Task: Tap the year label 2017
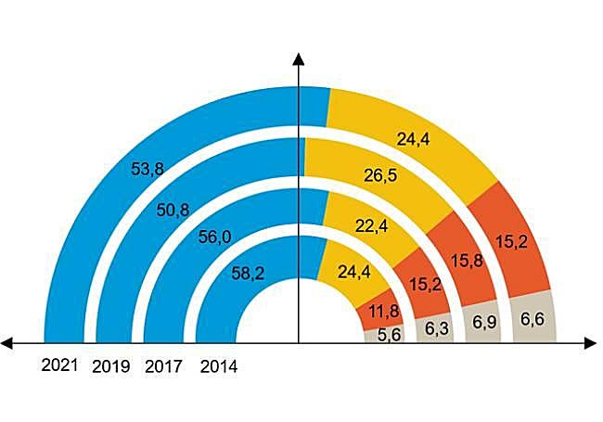(x=164, y=365)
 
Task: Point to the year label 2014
(x=218, y=366)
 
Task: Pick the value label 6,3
(x=436, y=328)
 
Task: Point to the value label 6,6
(x=533, y=320)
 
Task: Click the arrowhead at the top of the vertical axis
(x=298, y=59)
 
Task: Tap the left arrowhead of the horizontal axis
(x=7, y=344)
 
